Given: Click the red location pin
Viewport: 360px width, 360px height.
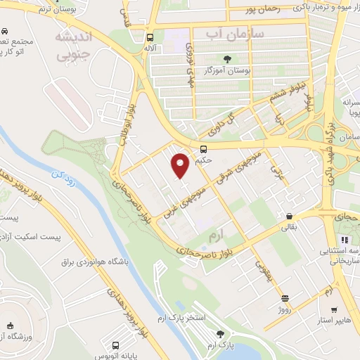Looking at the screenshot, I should pos(181,165).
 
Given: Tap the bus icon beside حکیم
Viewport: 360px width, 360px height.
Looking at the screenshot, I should pos(203,149).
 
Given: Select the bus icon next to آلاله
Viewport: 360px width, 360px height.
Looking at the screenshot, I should pos(150,38).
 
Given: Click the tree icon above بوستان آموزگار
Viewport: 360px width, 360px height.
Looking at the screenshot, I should pos(226,59).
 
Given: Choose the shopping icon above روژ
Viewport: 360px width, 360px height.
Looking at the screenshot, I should pos(284,299).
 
